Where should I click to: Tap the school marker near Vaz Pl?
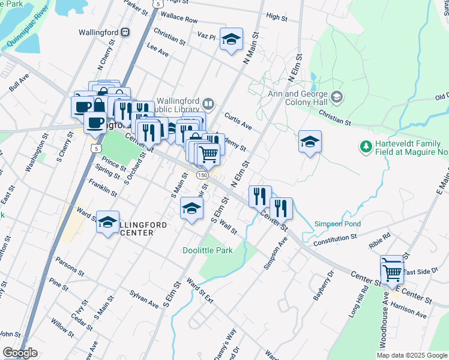(231, 40)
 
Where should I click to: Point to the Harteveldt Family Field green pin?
(365, 146)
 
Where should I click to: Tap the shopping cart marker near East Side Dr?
(393, 273)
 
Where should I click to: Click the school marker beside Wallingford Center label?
(107, 223)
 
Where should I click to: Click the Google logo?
(20, 353)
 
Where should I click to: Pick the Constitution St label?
(336, 239)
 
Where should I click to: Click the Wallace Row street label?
(179, 20)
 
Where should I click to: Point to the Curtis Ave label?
(238, 121)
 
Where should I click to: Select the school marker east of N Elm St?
(310, 142)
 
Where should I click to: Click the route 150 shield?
(202, 174)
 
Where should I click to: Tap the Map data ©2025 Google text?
(412, 355)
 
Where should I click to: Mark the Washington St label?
(35, 156)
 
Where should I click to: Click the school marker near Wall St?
(191, 209)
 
